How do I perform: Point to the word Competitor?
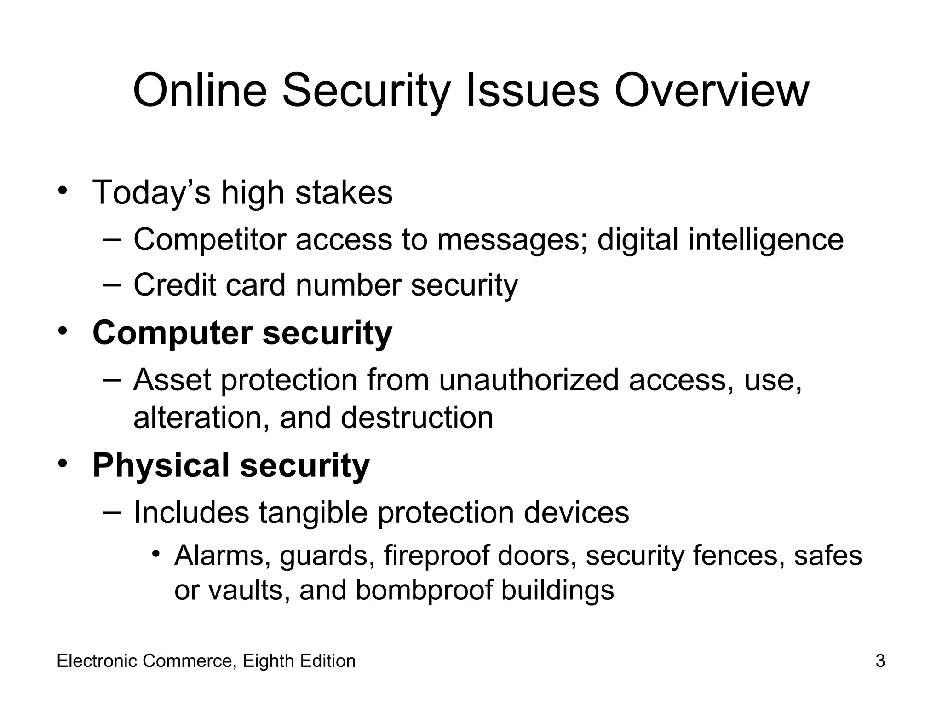pyautogui.click(x=209, y=240)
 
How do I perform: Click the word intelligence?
pyautogui.click(x=766, y=240)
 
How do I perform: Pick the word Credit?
pyautogui.click(x=174, y=285)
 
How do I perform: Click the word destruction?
pyautogui.click(x=417, y=418)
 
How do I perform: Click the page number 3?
pyautogui.click(x=880, y=661)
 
